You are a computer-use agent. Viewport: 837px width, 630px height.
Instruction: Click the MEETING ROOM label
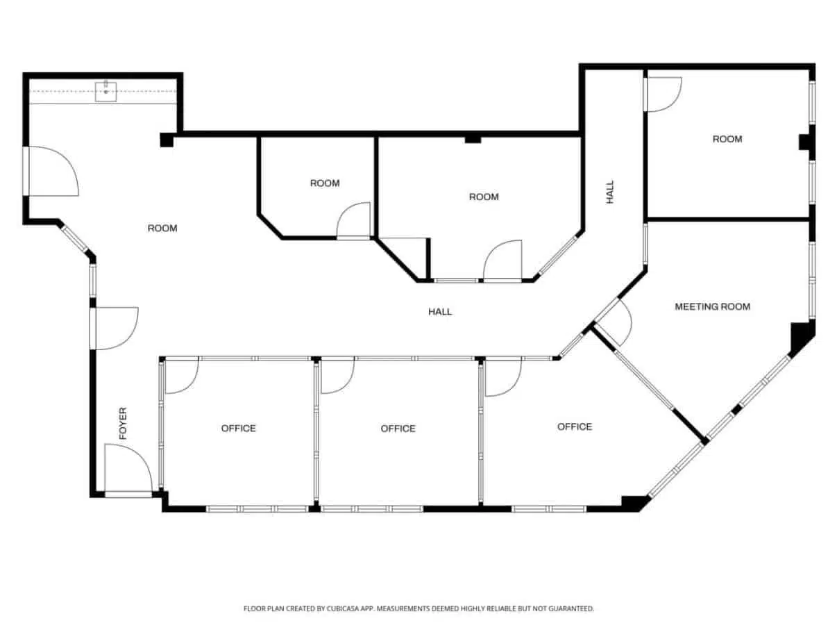712,306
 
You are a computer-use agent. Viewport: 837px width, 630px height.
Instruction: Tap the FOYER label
123,423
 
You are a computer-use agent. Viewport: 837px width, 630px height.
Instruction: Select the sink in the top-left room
105,91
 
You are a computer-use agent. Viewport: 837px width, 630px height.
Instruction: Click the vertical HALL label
610,192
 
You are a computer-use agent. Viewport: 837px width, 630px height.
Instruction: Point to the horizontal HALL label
440,312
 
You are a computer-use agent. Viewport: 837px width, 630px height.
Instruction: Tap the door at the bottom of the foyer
128,470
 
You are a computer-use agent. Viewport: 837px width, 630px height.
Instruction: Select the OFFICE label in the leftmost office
238,428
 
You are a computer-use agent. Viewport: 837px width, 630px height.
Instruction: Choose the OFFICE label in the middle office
398,429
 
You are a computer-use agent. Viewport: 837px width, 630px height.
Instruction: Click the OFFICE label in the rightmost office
575,426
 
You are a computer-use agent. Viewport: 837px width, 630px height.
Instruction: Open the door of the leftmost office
182,376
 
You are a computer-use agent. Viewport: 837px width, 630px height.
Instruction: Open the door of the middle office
338,376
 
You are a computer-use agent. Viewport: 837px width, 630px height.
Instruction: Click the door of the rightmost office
503,377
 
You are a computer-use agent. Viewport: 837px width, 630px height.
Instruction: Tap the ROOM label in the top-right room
727,139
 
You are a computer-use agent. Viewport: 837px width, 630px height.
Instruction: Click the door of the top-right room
663,94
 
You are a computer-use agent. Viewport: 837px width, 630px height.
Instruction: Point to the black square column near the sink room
167,140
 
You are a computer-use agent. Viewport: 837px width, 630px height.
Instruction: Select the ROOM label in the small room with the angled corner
325,183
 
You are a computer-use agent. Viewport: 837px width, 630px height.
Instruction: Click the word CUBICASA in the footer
343,608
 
